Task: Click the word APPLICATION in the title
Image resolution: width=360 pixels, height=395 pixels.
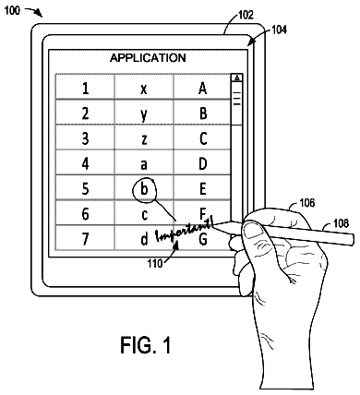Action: point(148,58)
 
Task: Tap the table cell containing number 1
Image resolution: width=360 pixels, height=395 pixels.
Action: point(85,87)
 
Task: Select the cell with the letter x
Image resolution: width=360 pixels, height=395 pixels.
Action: point(144,87)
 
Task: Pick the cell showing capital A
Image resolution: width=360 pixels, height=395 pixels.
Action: point(202,87)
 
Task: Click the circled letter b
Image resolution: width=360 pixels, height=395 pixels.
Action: point(144,189)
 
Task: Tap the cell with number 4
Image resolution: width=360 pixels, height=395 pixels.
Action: point(85,162)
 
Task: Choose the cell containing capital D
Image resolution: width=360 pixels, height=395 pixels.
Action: point(202,162)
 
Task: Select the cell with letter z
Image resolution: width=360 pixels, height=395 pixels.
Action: point(144,138)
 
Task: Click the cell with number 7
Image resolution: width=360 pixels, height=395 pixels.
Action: point(85,238)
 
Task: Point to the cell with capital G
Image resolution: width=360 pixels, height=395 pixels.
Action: point(202,238)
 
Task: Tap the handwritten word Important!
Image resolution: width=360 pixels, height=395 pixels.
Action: point(185,232)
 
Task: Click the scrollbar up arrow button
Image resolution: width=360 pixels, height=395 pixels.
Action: point(236,78)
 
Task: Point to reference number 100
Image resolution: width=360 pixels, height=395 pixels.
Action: point(12,10)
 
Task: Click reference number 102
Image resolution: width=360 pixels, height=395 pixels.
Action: point(246,15)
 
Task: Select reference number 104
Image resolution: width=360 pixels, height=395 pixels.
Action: point(279,30)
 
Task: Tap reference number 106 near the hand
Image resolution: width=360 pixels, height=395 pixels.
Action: point(306,202)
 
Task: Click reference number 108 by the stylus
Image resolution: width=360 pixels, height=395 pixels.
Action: point(341,222)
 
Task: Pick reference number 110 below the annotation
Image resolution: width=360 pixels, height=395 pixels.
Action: point(154,263)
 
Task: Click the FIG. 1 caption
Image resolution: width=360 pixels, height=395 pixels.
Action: point(146,344)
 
